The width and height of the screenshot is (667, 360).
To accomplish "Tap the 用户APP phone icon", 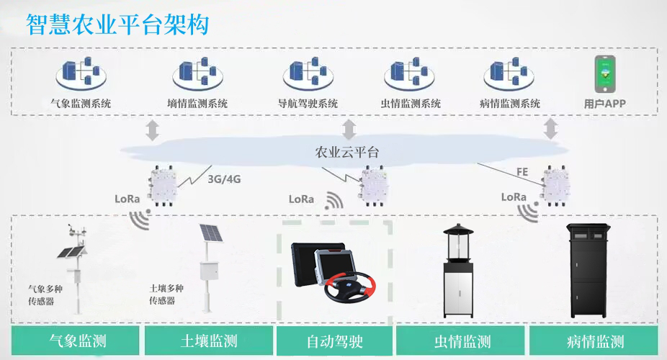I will coord(604,73).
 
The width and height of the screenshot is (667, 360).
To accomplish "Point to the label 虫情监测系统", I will coord(411,104).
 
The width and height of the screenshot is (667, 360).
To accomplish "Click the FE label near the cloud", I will coord(523,172).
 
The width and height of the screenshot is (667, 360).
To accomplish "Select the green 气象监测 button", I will coord(77,341).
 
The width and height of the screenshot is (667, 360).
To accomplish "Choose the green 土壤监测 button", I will coord(209,341).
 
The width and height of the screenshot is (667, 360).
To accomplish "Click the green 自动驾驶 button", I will coord(335,341).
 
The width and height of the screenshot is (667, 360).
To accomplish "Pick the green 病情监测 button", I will coord(596,341).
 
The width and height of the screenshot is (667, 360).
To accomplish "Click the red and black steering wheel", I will coord(351,286).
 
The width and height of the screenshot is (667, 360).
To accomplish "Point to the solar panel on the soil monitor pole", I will coord(210,235).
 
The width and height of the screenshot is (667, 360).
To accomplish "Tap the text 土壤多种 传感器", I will coord(162,294).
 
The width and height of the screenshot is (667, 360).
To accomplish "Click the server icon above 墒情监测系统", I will coord(194,73).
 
